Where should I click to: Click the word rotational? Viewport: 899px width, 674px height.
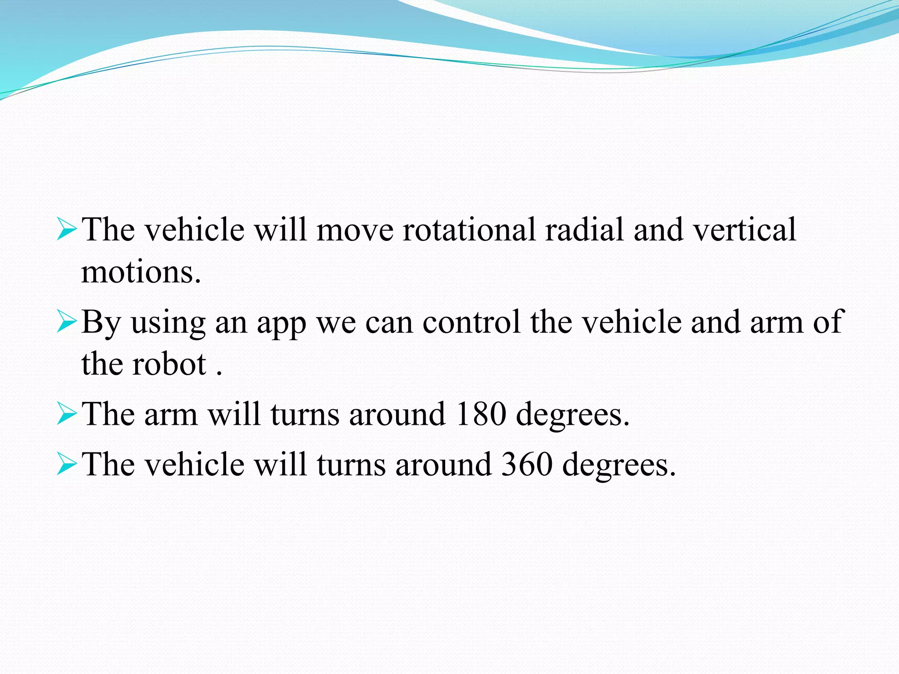coord(468,229)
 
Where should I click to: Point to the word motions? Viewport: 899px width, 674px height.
coord(141,272)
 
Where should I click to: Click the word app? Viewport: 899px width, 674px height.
coord(281,323)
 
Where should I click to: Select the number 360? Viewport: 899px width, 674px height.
coord(527,464)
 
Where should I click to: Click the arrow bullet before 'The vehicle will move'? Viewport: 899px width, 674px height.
coord(66,229)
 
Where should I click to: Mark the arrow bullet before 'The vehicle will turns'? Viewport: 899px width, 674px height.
coord(66,464)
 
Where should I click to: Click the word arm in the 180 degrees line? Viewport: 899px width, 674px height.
coord(171,415)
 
